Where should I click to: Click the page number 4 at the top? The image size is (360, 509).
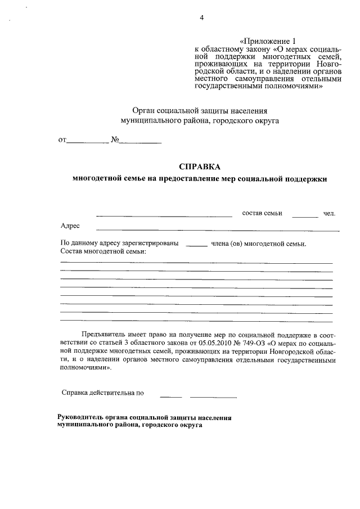coord(201,17)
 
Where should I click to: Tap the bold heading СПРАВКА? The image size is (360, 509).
coord(200,166)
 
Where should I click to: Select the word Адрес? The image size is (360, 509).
coord(70,226)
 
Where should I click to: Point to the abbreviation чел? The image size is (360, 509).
coord(329,213)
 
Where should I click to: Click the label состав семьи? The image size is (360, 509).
coord(262,213)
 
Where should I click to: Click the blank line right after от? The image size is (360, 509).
coord(88,142)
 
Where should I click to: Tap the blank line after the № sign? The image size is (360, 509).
coord(140,142)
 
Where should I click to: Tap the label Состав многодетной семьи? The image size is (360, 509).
coord(103,251)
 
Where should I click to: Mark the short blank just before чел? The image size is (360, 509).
coord(305,216)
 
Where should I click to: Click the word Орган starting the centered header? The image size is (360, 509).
coord(142,110)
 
